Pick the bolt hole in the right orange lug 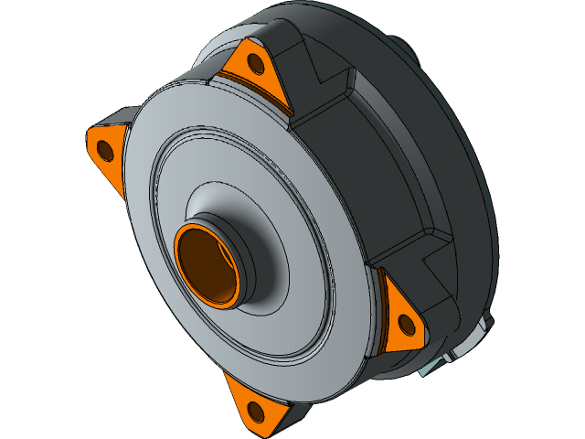point(405,323)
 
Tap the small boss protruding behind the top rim point(402,46)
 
